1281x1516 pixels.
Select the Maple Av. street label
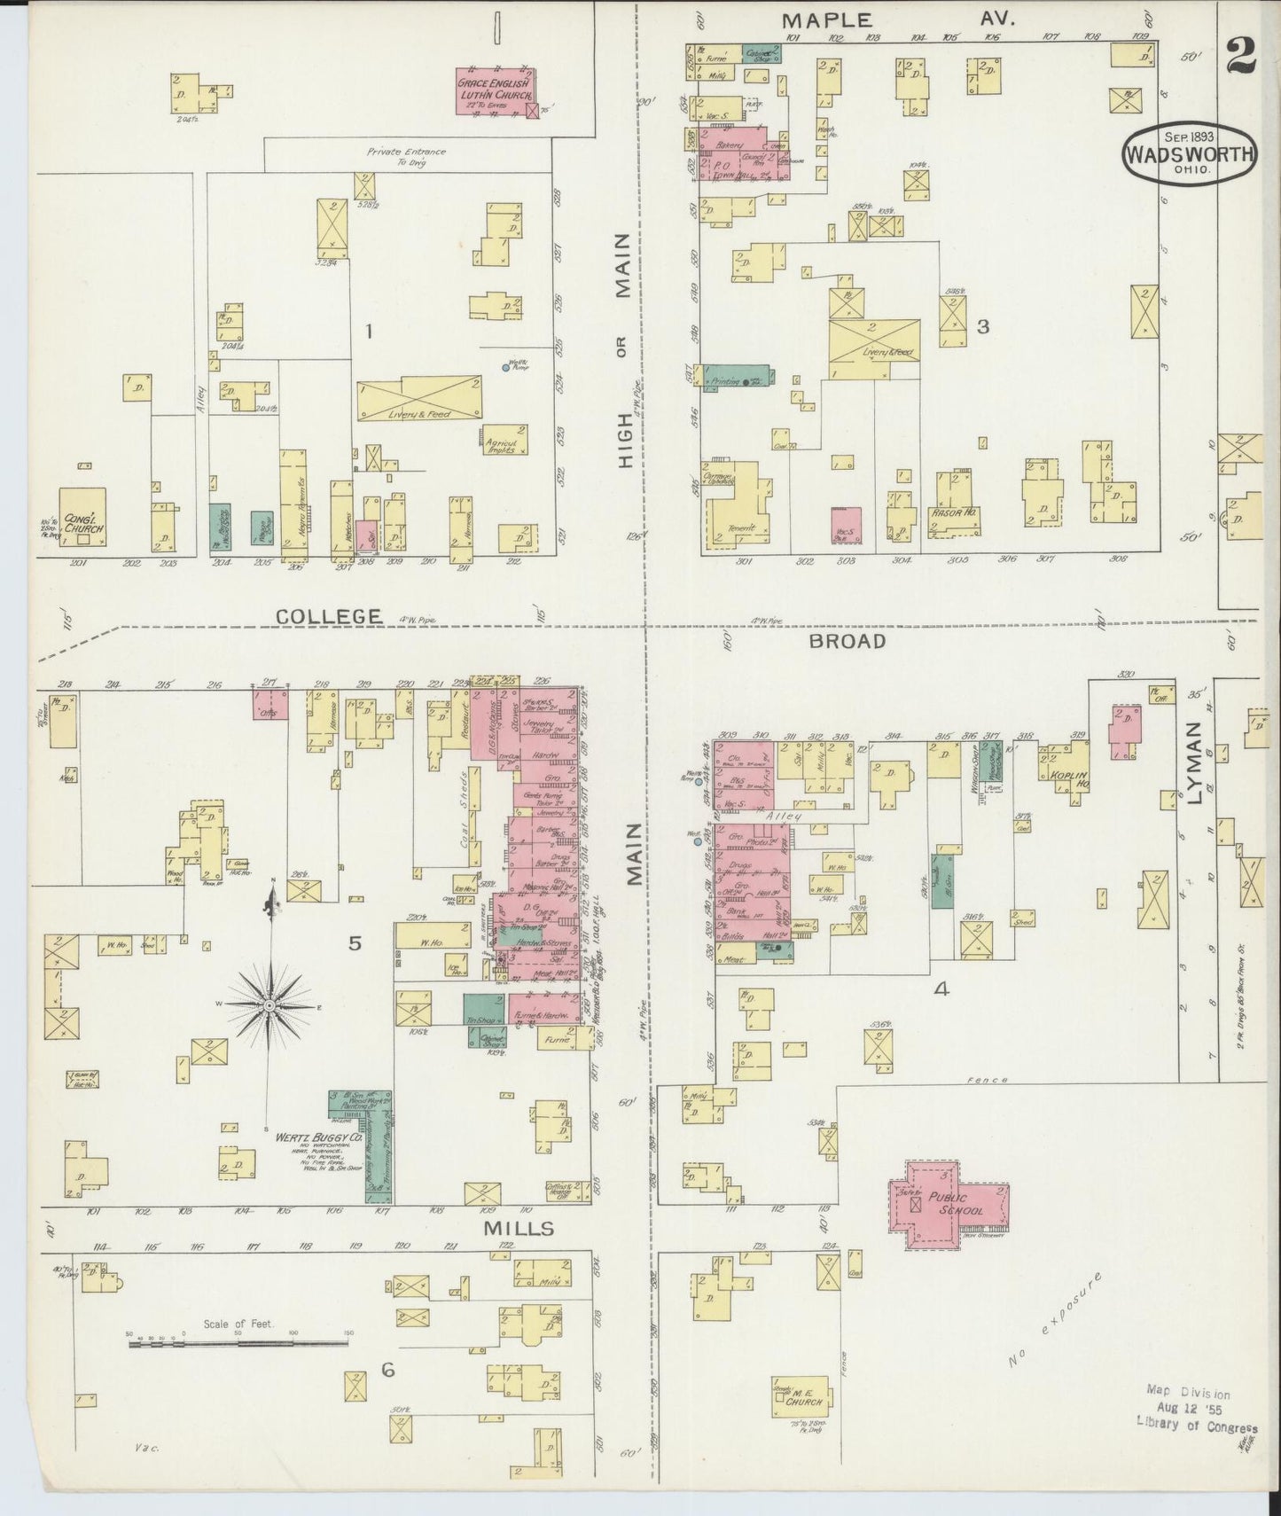tap(895, 19)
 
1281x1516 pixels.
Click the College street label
tap(328, 616)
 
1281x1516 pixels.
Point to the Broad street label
tap(846, 640)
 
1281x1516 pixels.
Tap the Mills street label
tap(519, 1228)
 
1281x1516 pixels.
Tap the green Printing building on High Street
tap(734, 377)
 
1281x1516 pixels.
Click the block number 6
tap(387, 1395)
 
